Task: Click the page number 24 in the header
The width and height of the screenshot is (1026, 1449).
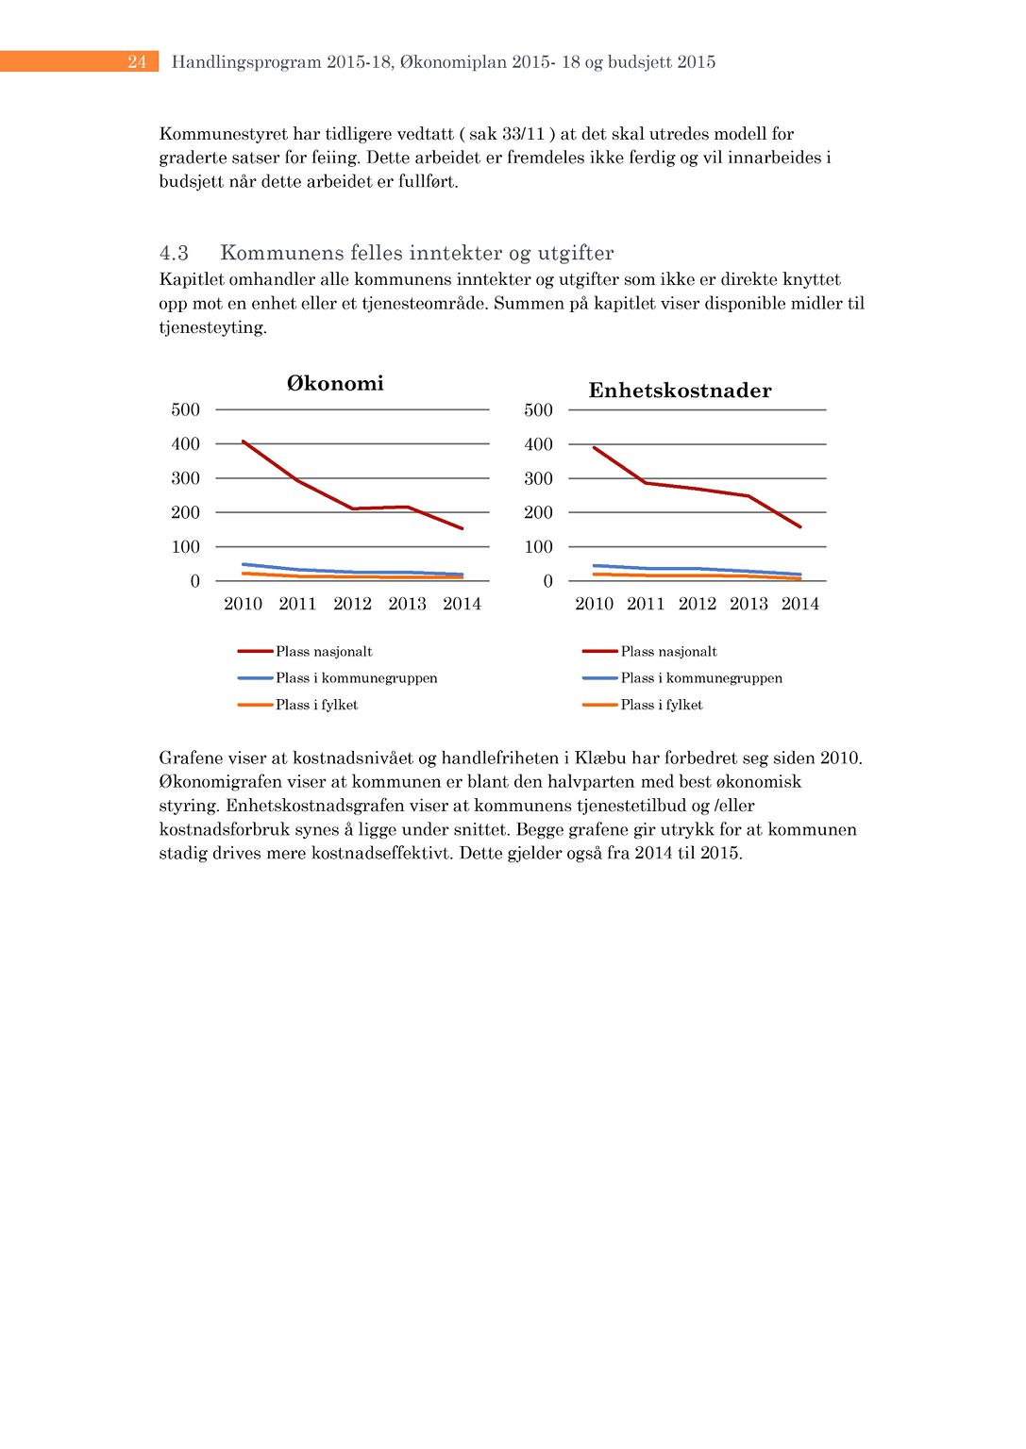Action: pyautogui.click(x=137, y=62)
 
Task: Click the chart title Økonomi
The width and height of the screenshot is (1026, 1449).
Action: pyautogui.click(x=335, y=383)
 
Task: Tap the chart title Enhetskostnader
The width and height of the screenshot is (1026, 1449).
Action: pyautogui.click(x=680, y=391)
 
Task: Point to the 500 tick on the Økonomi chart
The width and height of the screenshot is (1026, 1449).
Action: pyautogui.click(x=186, y=409)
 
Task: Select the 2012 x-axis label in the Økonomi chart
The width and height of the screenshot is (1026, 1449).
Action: pyautogui.click(x=352, y=604)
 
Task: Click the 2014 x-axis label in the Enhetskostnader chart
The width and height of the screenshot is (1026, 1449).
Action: pyautogui.click(x=799, y=604)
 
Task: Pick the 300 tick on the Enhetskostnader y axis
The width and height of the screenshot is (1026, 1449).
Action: pyautogui.click(x=538, y=478)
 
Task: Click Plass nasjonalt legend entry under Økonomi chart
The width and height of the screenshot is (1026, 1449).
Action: pyautogui.click(x=324, y=652)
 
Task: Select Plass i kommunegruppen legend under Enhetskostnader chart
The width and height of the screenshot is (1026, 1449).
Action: pyautogui.click(x=701, y=678)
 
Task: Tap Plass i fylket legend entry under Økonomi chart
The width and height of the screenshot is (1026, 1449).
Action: pyautogui.click(x=316, y=705)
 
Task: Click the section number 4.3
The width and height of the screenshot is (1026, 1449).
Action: pyautogui.click(x=174, y=253)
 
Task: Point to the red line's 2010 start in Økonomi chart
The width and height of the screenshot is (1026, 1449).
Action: pyautogui.click(x=244, y=441)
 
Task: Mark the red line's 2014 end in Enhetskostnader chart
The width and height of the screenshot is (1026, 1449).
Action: pyautogui.click(x=800, y=526)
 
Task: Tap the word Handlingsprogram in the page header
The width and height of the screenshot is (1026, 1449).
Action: pyautogui.click(x=245, y=62)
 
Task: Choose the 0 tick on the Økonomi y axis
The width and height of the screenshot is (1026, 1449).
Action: pyautogui.click(x=195, y=581)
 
